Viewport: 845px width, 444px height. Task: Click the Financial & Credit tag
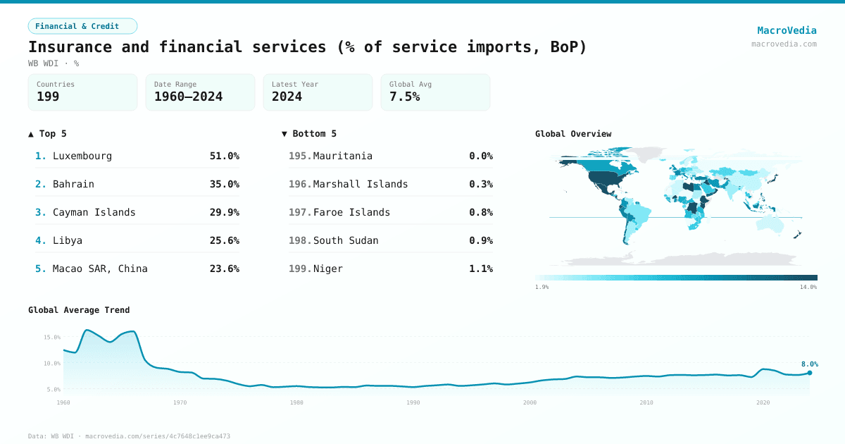pos(82,26)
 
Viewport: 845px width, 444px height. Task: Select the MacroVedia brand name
pos(787,30)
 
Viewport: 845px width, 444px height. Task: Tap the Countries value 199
pos(48,97)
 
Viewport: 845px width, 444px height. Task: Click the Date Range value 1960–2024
pos(188,97)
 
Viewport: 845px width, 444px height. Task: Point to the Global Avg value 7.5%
pos(404,97)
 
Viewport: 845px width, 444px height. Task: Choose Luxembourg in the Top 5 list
pos(82,156)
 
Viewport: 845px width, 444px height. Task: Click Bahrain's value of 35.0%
pos(224,184)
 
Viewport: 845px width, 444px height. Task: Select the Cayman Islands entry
pos(94,212)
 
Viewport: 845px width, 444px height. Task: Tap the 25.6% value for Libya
pos(224,240)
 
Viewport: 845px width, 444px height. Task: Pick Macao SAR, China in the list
pos(100,269)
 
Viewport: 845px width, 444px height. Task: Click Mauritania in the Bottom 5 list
pos(342,156)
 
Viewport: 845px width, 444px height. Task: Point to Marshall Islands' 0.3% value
pos(481,184)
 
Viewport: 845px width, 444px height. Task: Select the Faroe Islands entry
pos(351,212)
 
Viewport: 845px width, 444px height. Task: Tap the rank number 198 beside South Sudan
pos(300,240)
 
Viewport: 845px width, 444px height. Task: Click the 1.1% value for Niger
pos(481,269)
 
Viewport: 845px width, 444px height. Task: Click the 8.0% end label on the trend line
pos(809,364)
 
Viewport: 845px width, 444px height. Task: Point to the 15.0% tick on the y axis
pos(52,337)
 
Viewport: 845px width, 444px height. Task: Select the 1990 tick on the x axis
pos(413,402)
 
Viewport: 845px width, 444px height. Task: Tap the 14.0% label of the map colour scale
pos(808,287)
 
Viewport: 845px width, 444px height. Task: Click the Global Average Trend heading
pos(79,310)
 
